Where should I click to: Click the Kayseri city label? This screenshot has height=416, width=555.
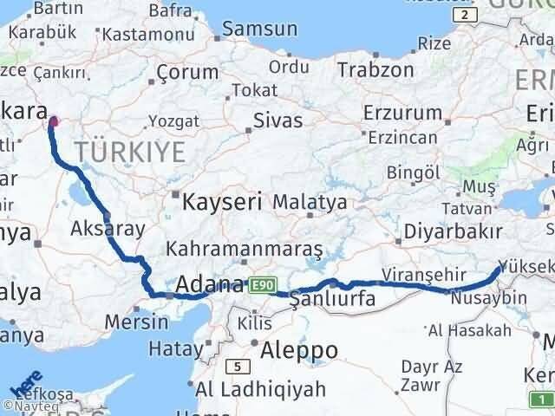tap(223, 202)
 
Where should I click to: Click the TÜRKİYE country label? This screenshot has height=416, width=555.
tap(130, 153)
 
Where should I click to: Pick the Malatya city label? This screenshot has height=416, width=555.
tap(310, 201)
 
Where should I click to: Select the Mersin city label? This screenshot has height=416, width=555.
tap(136, 322)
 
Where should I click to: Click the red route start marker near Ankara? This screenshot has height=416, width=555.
tap(54, 120)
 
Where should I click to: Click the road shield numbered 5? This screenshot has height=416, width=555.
tap(234, 366)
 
